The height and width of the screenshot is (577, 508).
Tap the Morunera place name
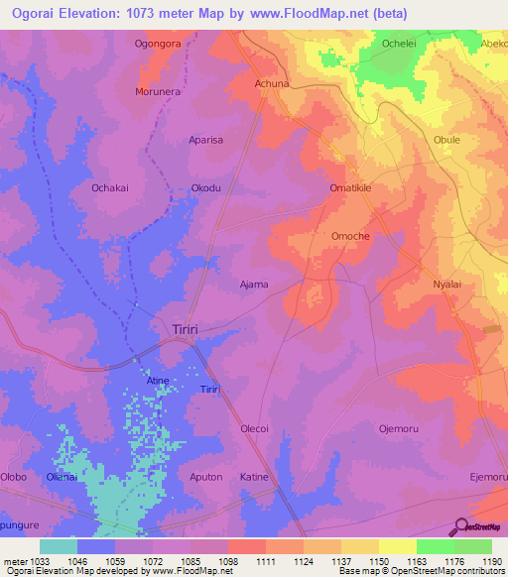tap(158, 91)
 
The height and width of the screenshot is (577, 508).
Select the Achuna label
tap(272, 84)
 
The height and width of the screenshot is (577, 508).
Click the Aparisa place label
tap(206, 140)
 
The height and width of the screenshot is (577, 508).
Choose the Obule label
tap(446, 140)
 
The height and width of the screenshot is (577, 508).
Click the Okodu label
tap(205, 186)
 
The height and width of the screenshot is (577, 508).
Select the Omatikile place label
tap(350, 186)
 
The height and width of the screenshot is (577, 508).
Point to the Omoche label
tap(350, 236)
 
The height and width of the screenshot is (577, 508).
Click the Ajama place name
tap(254, 285)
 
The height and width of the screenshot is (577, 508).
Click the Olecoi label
tap(255, 428)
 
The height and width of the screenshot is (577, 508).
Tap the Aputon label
tap(205, 477)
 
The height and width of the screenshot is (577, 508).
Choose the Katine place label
tap(255, 477)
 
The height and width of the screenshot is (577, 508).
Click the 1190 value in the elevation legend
tap(492, 561)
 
